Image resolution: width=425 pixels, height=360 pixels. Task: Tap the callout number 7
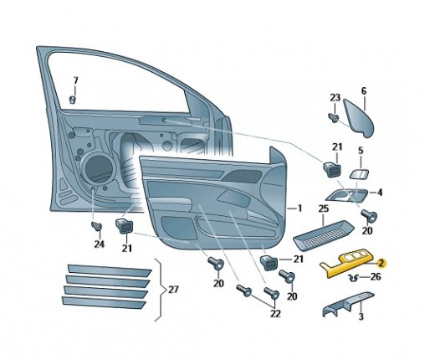pos(75,81)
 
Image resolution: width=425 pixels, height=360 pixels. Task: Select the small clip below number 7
pos(73,100)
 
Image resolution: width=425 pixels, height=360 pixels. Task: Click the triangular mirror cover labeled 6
pos(359,119)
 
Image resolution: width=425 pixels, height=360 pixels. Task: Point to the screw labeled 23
pos(333,117)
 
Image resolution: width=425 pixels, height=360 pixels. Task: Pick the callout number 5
pos(361,151)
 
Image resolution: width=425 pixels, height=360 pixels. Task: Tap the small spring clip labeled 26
pos(354,278)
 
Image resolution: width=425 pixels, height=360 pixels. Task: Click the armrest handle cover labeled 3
pos(346,304)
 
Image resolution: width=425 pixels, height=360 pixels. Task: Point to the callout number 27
pos(173,290)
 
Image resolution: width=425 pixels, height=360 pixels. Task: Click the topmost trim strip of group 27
pos(110,269)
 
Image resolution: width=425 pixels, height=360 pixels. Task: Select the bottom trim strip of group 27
pos(104,302)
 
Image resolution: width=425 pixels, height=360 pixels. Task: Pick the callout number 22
pos(275,314)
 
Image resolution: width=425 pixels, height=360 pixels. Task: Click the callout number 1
pos(300,208)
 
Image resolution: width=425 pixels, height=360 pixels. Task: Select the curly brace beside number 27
pos(159,290)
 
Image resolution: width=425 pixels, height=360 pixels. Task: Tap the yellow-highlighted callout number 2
pos(381,263)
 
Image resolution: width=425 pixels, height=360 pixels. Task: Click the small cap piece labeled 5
pos(359,174)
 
